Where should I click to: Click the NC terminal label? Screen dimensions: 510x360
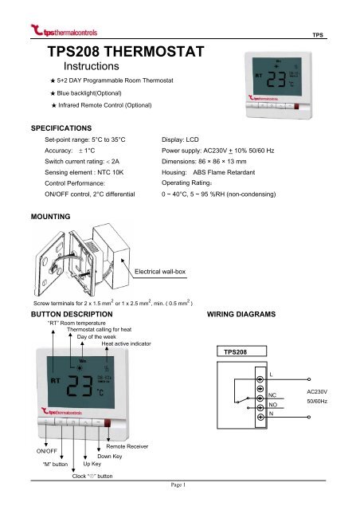273,394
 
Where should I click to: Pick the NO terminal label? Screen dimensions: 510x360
273,404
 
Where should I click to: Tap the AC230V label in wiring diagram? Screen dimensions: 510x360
320,392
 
